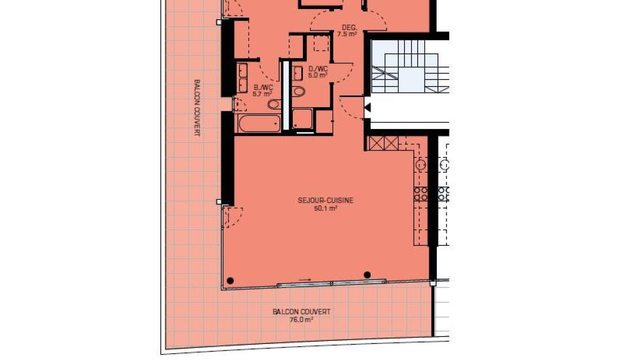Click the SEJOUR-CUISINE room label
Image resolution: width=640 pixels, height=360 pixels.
tap(325, 201)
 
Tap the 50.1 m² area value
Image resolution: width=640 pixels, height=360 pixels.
tap(325, 209)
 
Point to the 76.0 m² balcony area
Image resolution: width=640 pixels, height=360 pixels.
tap(301, 319)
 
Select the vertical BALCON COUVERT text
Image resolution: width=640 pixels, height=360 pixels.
tap(197, 108)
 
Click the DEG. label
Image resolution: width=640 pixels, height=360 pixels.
tap(350, 28)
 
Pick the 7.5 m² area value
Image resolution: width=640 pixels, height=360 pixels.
tap(347, 34)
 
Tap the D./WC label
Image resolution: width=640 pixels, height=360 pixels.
tap(318, 69)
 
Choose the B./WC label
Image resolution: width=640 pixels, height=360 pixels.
tap(263, 87)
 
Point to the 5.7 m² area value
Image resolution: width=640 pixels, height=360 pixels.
tap(262, 94)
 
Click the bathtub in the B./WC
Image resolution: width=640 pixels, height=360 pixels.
tap(259, 123)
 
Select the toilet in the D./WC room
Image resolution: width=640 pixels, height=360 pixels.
tap(299, 91)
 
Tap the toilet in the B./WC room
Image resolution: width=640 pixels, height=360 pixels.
tap(275, 104)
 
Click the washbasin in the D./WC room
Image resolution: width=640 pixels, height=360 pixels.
tap(298, 74)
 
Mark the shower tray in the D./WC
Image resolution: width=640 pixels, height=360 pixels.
tap(302, 119)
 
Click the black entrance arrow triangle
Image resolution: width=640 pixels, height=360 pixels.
tap(367, 108)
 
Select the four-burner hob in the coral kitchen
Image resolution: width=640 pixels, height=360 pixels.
tap(421, 194)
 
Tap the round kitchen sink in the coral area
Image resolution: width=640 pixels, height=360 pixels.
tap(421, 165)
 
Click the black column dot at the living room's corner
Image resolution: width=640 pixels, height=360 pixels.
tap(230, 281)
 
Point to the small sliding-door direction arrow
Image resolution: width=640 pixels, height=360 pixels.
tap(305, 279)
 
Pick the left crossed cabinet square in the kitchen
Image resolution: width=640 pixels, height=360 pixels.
tap(377, 143)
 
